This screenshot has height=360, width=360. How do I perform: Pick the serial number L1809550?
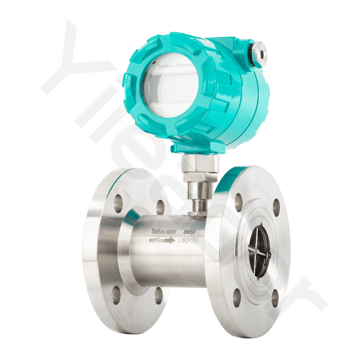point(189,241)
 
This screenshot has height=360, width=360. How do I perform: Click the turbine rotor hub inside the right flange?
point(259,250)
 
